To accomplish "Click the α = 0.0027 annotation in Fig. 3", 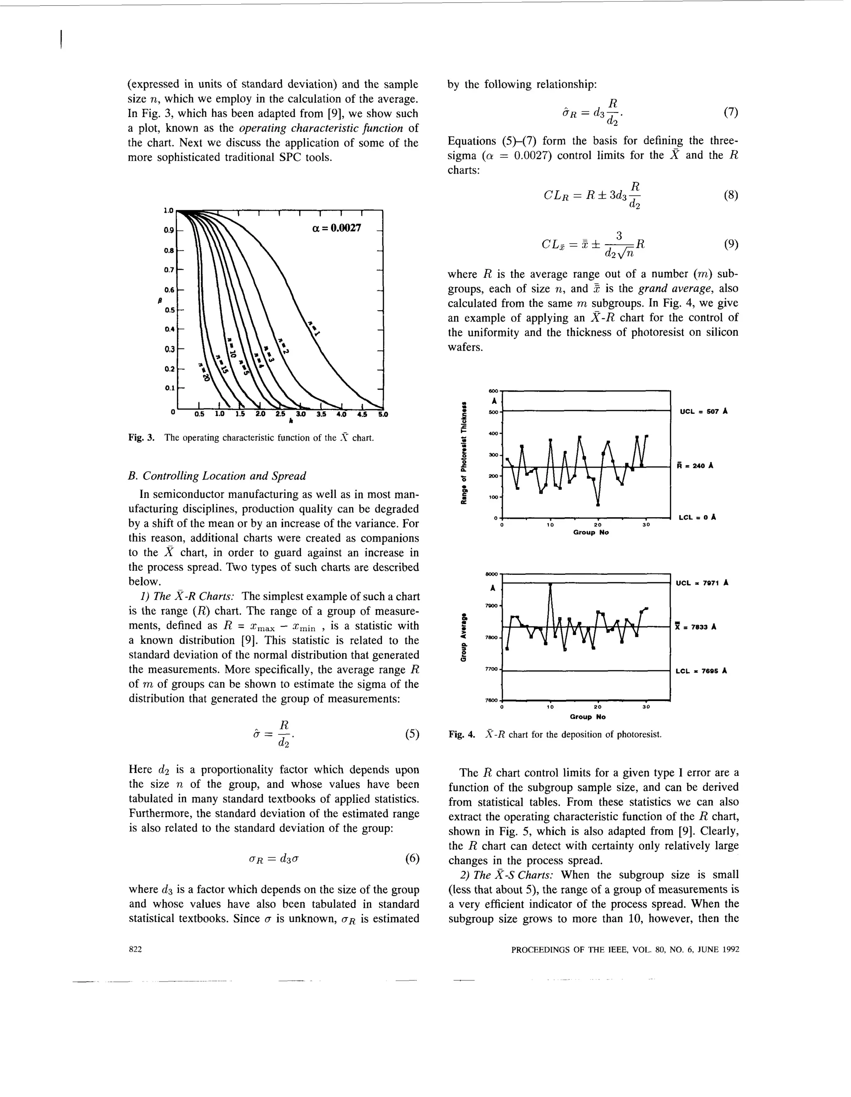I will (x=336, y=228).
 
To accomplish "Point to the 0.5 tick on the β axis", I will (x=169, y=310).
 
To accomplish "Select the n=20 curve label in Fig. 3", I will (x=203, y=372).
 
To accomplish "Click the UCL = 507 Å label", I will (x=703, y=411).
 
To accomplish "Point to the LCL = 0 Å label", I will (x=697, y=517).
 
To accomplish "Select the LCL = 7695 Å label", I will (x=701, y=670).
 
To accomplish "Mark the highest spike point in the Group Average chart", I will (x=551, y=585).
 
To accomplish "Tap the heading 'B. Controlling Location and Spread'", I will (x=217, y=476).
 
